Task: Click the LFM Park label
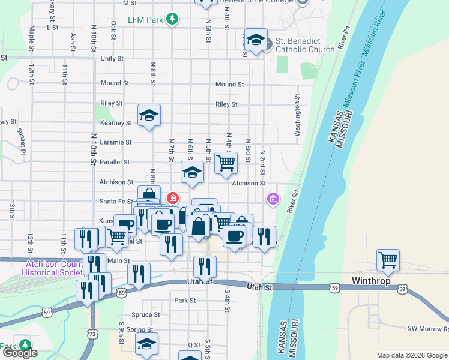pos(146,20)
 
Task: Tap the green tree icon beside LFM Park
pos(173,19)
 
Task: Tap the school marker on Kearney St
pos(149,116)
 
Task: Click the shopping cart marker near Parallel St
pos(226,163)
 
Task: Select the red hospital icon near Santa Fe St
pos(173,197)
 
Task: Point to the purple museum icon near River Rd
pos(273,199)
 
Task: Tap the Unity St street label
pos(112,59)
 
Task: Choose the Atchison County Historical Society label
pos(52,268)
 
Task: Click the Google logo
pos(19,353)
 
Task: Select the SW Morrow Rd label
pos(428,328)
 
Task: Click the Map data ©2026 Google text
pos(412,355)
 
